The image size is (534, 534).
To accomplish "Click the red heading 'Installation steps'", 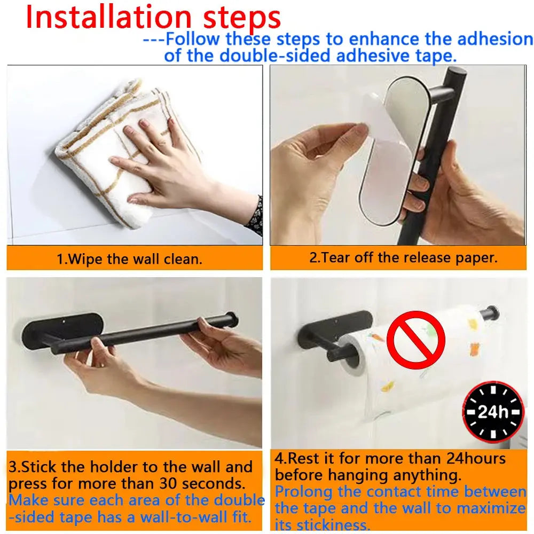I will coord(153,17).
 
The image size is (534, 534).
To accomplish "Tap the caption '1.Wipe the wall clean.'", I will coord(129,260).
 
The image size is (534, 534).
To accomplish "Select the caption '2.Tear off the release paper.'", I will coord(403,257).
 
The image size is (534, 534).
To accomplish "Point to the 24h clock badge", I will coord(493,412).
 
